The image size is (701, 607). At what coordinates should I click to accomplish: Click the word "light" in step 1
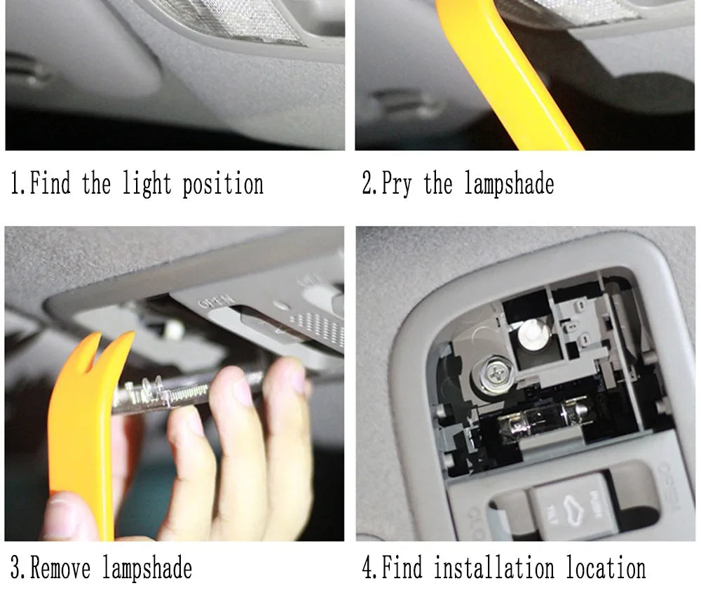click(x=147, y=185)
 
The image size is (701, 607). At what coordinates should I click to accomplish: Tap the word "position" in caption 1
click(x=223, y=185)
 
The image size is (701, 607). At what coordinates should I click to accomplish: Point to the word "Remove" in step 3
click(x=60, y=567)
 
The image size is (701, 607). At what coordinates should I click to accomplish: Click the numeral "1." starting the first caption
click(x=18, y=185)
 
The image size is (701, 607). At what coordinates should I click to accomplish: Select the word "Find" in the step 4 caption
click(x=400, y=567)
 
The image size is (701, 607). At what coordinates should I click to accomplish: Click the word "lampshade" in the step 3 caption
click(x=147, y=567)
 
